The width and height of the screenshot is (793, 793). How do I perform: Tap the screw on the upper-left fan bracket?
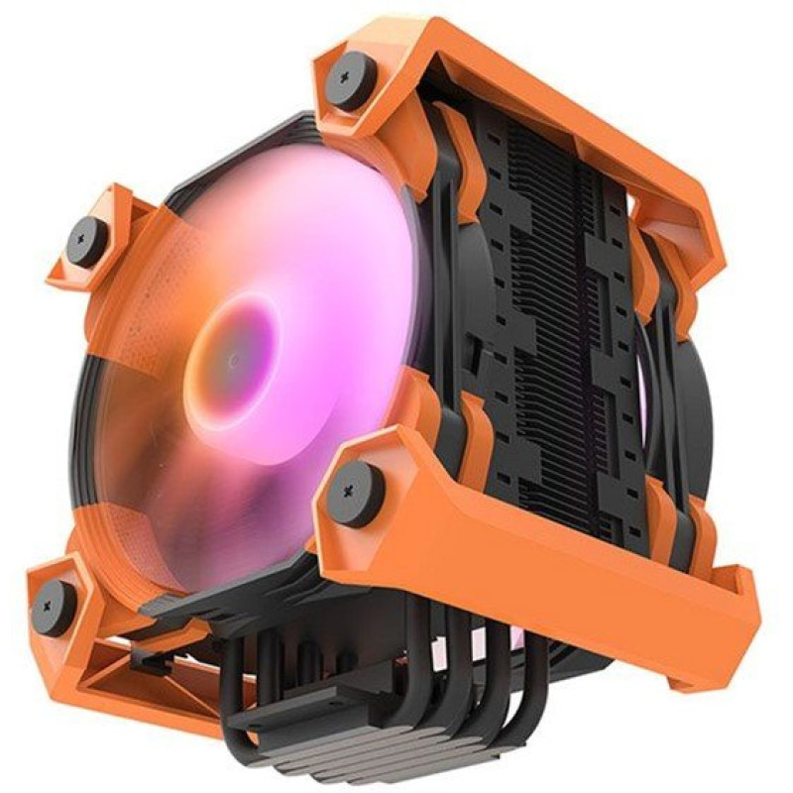[87, 241]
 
